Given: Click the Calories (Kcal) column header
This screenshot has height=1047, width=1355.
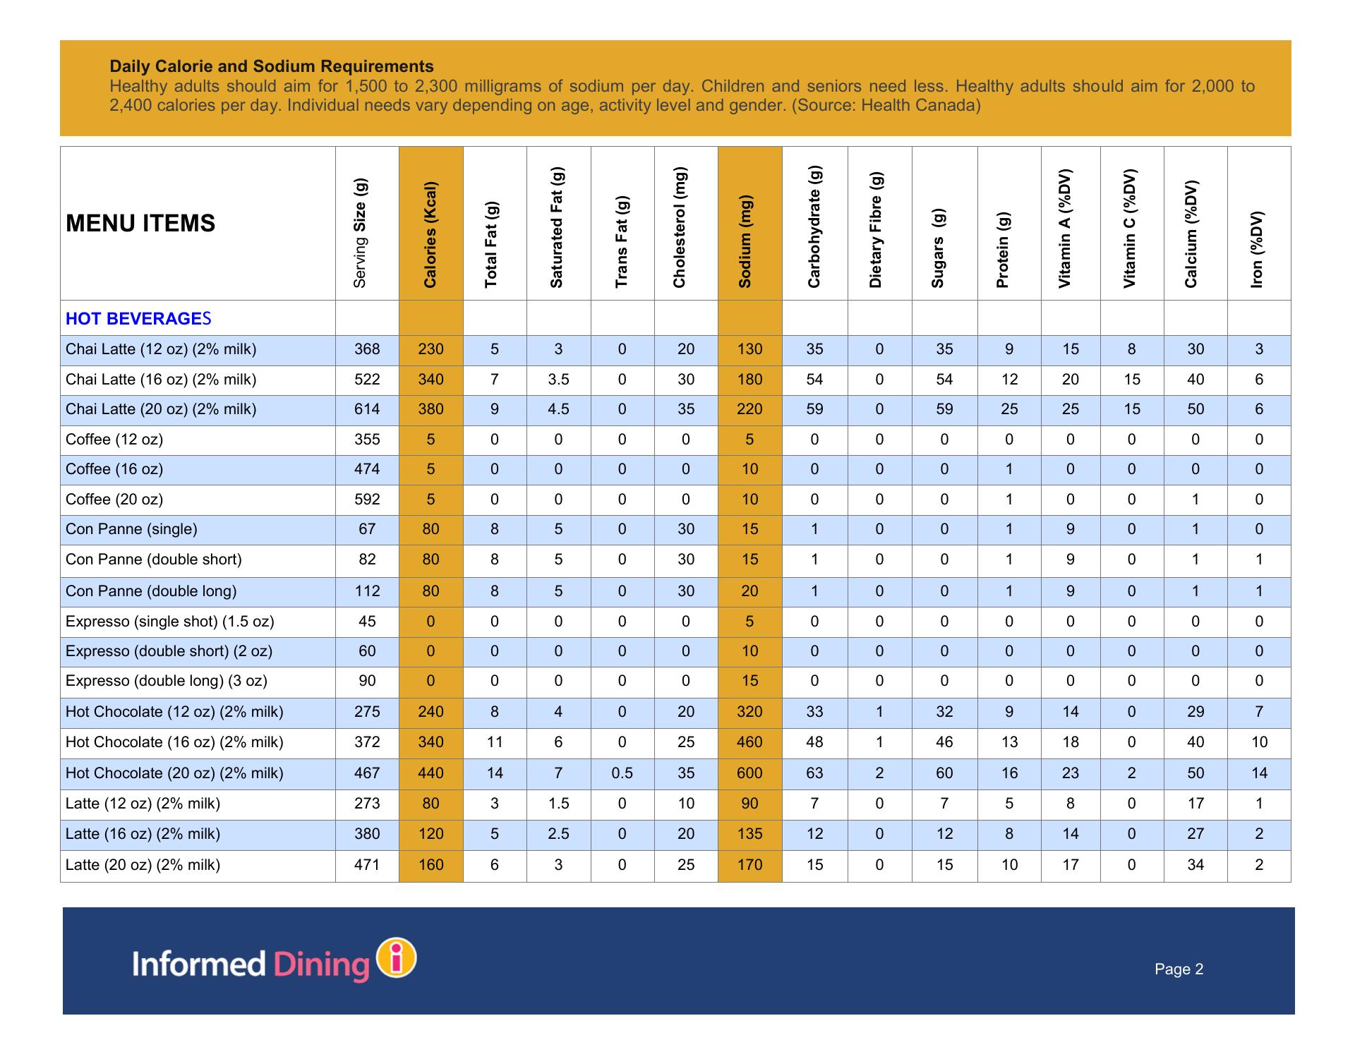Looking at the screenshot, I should [x=430, y=235].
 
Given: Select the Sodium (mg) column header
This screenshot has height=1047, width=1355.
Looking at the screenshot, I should [x=745, y=241].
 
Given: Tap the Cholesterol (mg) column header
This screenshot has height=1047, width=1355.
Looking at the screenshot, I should [x=679, y=227].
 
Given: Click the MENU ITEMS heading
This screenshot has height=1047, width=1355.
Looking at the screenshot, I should [x=140, y=223].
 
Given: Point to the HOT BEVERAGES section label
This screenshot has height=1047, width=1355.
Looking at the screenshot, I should [x=138, y=319].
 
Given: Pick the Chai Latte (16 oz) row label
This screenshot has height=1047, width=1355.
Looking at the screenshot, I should [x=161, y=380].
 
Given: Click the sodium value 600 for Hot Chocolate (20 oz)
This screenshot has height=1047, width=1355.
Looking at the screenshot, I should [x=749, y=773].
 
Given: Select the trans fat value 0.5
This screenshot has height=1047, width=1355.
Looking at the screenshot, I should [x=622, y=773].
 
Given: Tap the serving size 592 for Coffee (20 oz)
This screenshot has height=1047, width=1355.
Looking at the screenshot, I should [x=367, y=500].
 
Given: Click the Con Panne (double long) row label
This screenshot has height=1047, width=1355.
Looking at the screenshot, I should [x=151, y=591].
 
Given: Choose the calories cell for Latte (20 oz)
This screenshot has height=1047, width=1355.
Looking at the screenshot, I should [x=430, y=865].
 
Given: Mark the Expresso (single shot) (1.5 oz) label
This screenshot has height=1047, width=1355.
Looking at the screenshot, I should [x=169, y=622].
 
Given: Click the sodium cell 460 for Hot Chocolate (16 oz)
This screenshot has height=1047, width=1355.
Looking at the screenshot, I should [x=749, y=742].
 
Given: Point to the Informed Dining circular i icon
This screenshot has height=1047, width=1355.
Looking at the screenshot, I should [x=397, y=958].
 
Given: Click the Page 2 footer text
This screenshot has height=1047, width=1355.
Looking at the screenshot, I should [x=1179, y=969].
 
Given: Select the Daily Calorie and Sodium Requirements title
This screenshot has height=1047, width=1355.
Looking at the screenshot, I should [x=272, y=66].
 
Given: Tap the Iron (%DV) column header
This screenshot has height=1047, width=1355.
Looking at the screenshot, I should [x=1256, y=249].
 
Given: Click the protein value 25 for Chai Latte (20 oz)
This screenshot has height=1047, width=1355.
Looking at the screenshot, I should [x=1009, y=409].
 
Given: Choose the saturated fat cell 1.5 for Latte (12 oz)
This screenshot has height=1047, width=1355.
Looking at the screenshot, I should [x=558, y=804].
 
